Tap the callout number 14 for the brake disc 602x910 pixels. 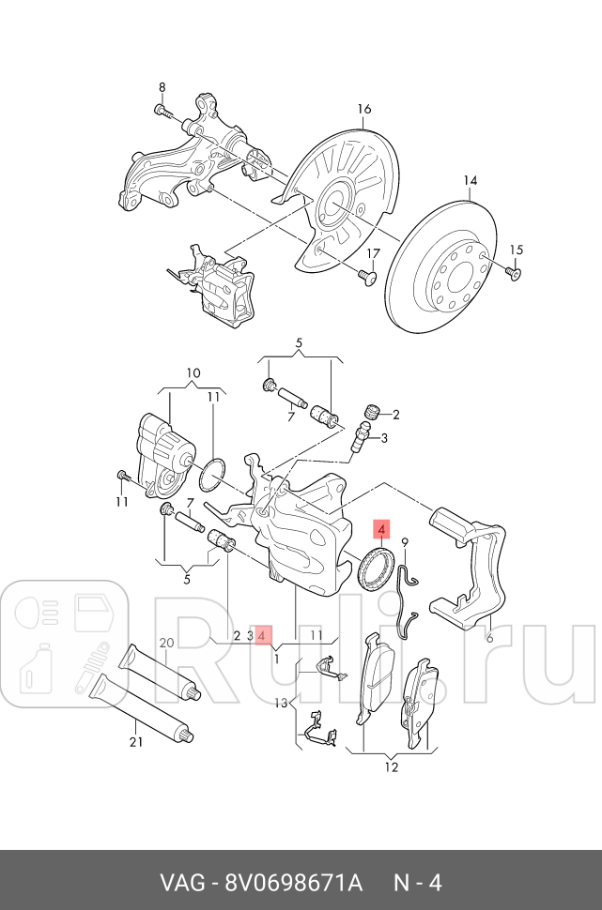tap(471, 180)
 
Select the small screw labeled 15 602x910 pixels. tap(513, 271)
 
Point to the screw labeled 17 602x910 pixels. tap(366, 276)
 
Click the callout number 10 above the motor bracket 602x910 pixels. tap(193, 373)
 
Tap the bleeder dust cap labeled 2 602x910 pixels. tap(371, 412)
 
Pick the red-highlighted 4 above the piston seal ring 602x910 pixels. tap(382, 531)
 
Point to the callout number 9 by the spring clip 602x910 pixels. tap(405, 542)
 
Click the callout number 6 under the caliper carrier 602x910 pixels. tap(488, 637)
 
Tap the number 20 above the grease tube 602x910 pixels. tap(166, 644)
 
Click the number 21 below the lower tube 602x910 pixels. tap(135, 742)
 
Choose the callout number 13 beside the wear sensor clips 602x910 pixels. tap(281, 703)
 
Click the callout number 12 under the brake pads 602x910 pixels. tap(391, 767)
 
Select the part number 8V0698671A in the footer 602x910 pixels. tap(292, 882)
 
